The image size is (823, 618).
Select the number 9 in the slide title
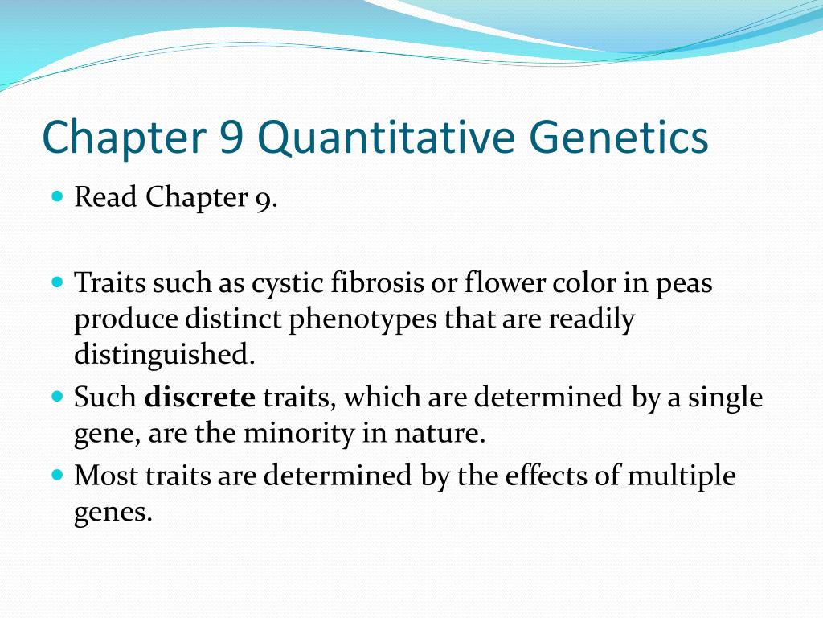(x=227, y=138)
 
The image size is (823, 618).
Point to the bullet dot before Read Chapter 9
(x=56, y=196)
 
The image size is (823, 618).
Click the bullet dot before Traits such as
(x=56, y=283)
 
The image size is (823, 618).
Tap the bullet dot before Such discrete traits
(x=56, y=397)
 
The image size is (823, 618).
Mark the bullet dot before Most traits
(x=56, y=476)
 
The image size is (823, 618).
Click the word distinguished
(x=164, y=355)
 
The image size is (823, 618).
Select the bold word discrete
(x=199, y=397)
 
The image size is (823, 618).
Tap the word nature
(x=442, y=435)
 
